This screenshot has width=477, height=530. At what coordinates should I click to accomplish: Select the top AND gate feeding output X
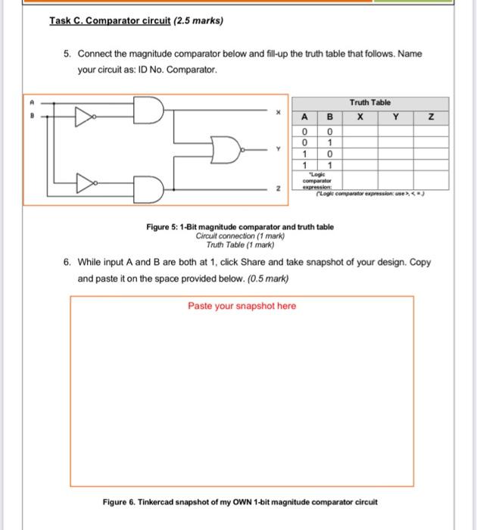point(149,110)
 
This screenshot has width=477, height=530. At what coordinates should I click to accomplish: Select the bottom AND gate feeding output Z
point(149,189)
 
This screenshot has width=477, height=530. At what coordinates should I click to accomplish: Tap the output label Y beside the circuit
point(279,149)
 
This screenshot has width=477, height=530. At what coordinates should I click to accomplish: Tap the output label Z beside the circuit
point(279,190)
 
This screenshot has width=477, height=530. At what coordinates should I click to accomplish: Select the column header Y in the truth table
point(395,117)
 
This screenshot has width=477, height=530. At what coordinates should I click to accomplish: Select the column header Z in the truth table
point(432,117)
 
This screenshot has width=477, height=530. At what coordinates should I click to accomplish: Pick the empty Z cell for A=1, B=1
point(432,164)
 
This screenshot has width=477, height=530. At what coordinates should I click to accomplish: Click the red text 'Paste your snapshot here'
point(242,306)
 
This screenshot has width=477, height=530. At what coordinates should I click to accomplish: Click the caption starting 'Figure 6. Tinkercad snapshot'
point(240,502)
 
